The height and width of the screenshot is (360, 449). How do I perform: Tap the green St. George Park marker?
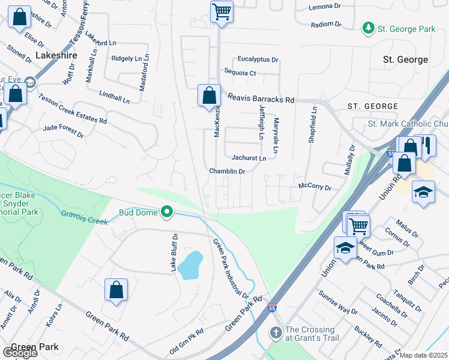368,28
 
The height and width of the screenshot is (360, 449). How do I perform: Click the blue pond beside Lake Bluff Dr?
191,265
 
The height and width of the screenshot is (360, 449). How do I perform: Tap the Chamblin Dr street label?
228,172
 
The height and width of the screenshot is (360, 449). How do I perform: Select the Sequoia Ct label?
240,73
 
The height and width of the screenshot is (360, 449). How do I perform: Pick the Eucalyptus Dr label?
258,59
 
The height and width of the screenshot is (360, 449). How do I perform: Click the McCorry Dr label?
315,188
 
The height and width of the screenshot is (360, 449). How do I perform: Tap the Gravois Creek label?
84,217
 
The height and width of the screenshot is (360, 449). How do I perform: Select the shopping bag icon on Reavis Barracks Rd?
208,95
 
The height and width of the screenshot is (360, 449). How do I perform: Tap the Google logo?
19,353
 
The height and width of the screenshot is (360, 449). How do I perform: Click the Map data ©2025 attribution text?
423,355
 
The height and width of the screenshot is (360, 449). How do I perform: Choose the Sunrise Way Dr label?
337,311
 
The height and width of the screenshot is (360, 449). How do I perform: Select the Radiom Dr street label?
326,25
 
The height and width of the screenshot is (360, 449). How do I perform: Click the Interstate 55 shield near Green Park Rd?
273,307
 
